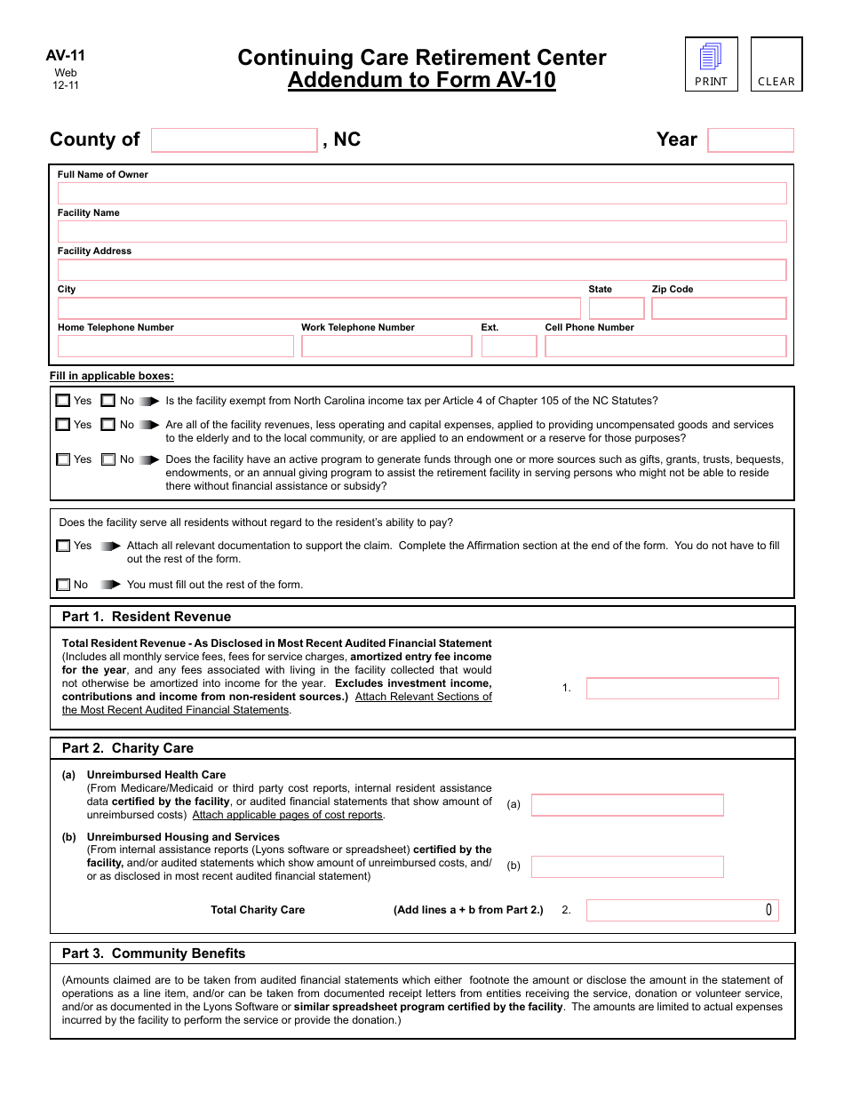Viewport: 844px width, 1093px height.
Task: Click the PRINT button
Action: [x=711, y=64]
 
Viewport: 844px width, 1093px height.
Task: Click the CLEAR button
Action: [x=776, y=64]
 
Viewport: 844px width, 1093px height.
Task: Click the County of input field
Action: [x=234, y=140]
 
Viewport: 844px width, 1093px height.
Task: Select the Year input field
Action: [x=750, y=140]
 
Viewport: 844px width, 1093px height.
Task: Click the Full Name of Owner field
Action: [x=422, y=194]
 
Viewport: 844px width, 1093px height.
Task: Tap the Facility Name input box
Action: [x=422, y=232]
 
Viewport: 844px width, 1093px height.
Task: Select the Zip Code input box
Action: [x=719, y=308]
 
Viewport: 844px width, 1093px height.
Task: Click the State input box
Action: [x=616, y=308]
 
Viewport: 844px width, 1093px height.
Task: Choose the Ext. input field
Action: [x=508, y=347]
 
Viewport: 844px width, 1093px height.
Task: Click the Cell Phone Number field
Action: [x=665, y=347]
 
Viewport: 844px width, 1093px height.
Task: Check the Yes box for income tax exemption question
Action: [x=63, y=401]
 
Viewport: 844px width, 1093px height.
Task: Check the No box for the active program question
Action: [x=108, y=460]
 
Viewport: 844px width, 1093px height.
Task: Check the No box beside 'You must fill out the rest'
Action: [x=63, y=585]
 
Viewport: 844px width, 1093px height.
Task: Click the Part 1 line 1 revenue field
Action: [x=682, y=689]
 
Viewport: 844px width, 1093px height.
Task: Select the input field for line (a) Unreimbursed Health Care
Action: [x=627, y=805]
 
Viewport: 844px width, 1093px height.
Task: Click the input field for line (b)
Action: [x=627, y=866]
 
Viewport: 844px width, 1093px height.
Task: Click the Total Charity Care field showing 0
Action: [x=682, y=910]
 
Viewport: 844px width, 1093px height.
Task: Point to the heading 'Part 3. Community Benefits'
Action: [x=154, y=953]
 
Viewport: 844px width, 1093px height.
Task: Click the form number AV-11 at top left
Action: [x=66, y=56]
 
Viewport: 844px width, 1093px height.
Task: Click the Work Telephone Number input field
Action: [x=386, y=347]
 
